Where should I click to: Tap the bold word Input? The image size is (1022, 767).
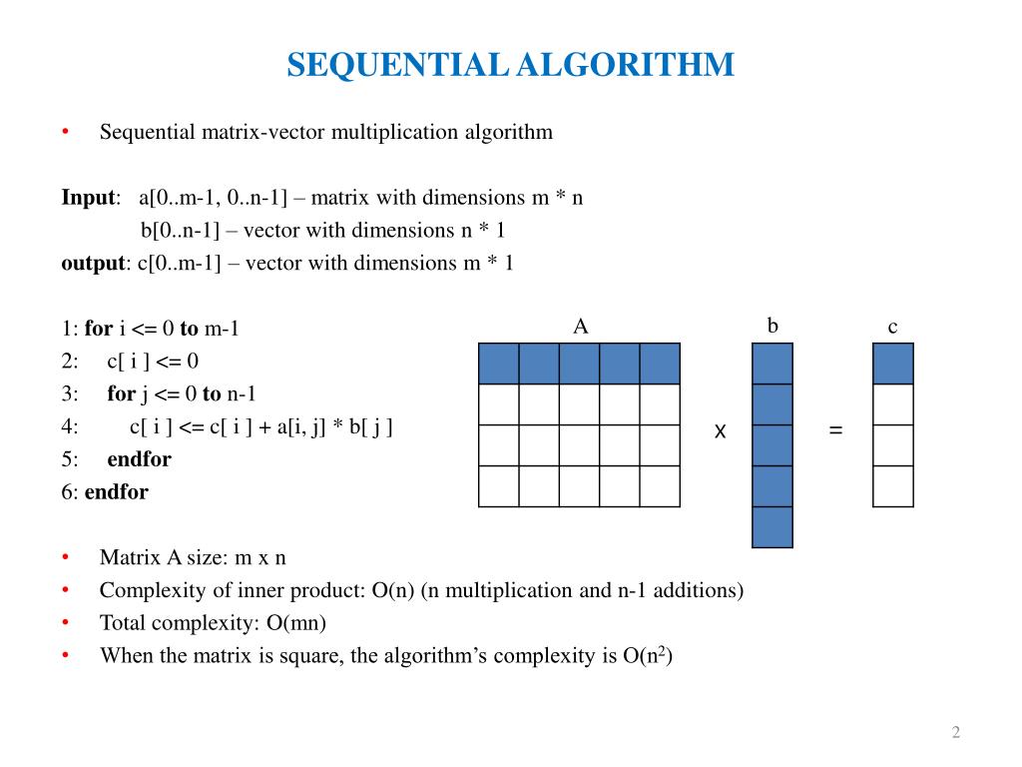click(x=88, y=198)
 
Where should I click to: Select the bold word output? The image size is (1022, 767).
click(x=93, y=264)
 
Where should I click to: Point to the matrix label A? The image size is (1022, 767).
click(x=580, y=326)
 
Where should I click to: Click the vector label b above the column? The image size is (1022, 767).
click(x=772, y=326)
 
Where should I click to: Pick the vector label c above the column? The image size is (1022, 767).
click(x=893, y=327)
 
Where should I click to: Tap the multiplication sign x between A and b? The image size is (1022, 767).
click(x=720, y=431)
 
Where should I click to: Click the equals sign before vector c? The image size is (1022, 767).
click(x=835, y=431)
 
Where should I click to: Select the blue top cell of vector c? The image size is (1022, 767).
click(x=893, y=364)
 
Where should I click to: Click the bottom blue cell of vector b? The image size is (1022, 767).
click(x=772, y=527)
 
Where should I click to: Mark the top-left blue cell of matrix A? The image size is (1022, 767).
click(x=499, y=364)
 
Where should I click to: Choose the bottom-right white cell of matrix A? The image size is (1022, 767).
click(x=660, y=486)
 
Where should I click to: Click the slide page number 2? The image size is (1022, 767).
click(x=956, y=733)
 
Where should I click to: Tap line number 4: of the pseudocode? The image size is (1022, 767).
click(x=69, y=426)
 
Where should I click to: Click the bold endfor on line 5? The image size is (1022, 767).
click(x=139, y=459)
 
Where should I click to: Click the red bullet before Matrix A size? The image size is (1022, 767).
click(x=65, y=557)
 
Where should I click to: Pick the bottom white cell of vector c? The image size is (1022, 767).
click(x=893, y=486)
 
